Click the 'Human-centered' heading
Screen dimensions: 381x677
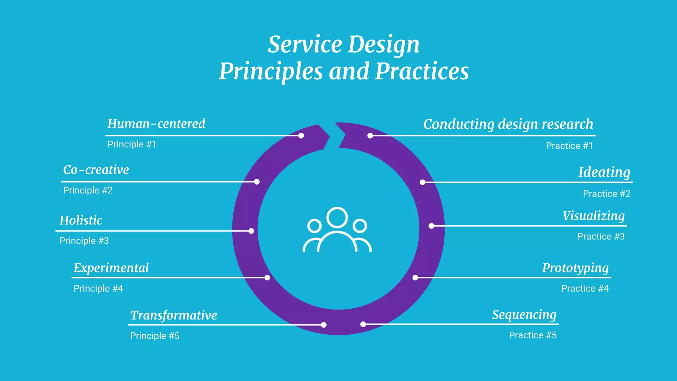click(156, 124)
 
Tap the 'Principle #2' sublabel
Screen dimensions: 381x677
click(88, 190)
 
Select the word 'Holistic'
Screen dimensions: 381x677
click(81, 220)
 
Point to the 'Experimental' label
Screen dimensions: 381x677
click(111, 268)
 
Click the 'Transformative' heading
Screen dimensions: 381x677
click(174, 315)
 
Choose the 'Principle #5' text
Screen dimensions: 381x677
click(155, 336)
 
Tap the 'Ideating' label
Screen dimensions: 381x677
click(604, 172)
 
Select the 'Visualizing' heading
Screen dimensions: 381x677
click(593, 216)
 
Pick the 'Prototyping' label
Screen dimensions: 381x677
click(575, 268)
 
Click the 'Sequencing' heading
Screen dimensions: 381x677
click(524, 315)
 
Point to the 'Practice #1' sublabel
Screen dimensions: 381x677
click(569, 146)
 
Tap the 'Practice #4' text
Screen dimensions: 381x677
click(585, 289)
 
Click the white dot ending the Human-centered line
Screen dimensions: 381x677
click(301, 136)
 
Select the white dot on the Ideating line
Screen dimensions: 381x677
click(422, 182)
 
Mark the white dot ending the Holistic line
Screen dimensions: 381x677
click(251, 231)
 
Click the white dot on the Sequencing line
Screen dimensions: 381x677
click(363, 324)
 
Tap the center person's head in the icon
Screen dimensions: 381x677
click(337, 217)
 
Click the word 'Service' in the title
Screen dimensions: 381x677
click(305, 45)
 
